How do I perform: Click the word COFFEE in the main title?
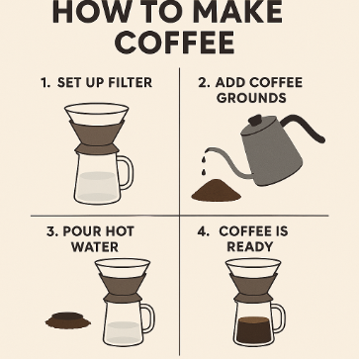point(175,43)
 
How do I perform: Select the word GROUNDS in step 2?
point(251,98)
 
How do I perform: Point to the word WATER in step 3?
point(95,247)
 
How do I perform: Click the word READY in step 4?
point(250,247)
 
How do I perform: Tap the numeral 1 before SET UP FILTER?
point(45,83)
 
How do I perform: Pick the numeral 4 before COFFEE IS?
point(203,231)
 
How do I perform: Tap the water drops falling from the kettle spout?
point(205,162)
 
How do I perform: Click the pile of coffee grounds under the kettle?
point(216,190)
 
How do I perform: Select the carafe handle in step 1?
point(126,172)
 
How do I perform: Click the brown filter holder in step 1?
point(97,137)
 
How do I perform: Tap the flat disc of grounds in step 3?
point(68,320)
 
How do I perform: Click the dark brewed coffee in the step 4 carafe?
point(253,330)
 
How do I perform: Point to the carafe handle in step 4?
point(279,318)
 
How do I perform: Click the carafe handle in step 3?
point(148,318)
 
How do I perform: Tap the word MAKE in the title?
point(238,13)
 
